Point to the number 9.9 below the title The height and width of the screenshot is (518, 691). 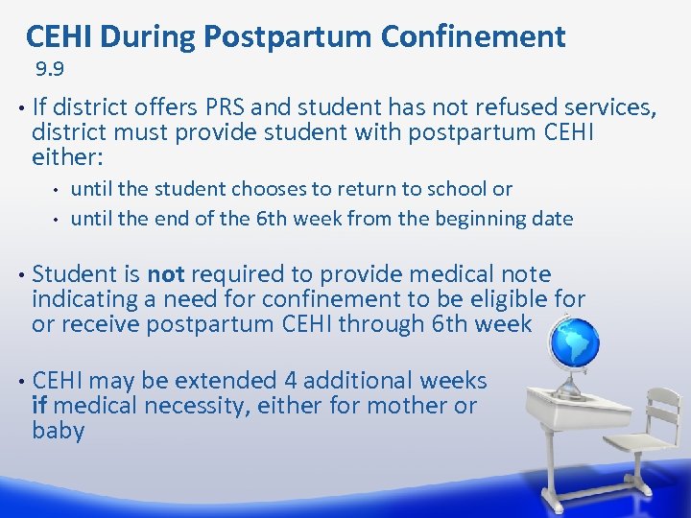50,69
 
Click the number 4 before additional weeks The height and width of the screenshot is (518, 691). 289,381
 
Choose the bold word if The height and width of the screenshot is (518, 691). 39,406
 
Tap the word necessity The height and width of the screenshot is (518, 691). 192,406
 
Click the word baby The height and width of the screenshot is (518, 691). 58,431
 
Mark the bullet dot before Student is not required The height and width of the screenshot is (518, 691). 20,275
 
